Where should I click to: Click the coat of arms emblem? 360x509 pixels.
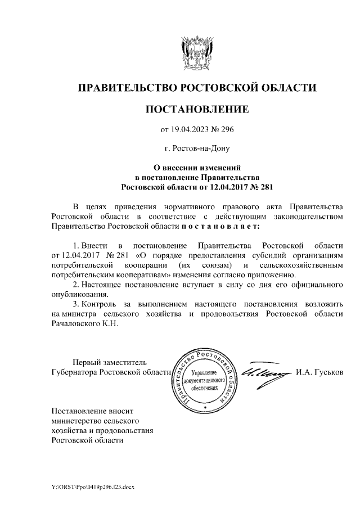click(197, 51)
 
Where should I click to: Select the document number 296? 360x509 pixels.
click(226, 130)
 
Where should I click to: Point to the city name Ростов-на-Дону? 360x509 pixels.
click(197, 149)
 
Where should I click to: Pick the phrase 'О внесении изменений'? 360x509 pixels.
click(197, 167)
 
